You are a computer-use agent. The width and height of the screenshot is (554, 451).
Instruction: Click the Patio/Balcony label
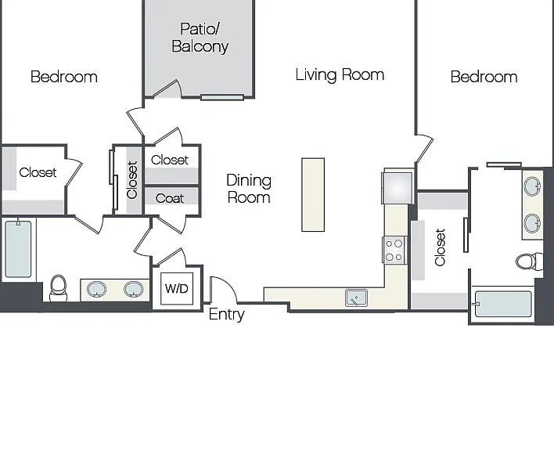[200, 38]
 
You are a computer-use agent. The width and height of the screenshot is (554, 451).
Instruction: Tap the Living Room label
[340, 75]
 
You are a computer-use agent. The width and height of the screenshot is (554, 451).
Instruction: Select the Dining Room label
[249, 189]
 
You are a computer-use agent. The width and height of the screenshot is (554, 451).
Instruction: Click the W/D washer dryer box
[177, 288]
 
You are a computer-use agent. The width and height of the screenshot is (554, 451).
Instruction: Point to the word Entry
[226, 314]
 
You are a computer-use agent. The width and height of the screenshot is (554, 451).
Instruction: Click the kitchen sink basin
[356, 298]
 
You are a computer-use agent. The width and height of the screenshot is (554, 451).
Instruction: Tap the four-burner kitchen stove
[394, 250]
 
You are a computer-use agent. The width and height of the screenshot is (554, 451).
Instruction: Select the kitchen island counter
[313, 195]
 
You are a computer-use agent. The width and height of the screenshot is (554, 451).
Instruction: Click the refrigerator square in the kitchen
[398, 188]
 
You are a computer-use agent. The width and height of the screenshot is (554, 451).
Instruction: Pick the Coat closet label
[170, 198]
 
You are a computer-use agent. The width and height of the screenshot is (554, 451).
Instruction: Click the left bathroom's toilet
[59, 288]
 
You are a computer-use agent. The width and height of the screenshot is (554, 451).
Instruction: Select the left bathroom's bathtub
[18, 249]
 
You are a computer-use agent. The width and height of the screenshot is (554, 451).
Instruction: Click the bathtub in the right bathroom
[502, 304]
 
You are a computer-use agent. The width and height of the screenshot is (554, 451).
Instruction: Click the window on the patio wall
[222, 97]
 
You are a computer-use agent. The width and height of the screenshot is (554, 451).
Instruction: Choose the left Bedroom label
[64, 77]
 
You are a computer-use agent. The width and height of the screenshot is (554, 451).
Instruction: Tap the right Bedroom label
[484, 77]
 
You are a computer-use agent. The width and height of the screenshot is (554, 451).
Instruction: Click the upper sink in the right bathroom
[532, 186]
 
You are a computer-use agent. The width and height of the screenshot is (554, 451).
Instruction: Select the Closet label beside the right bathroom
[440, 247]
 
